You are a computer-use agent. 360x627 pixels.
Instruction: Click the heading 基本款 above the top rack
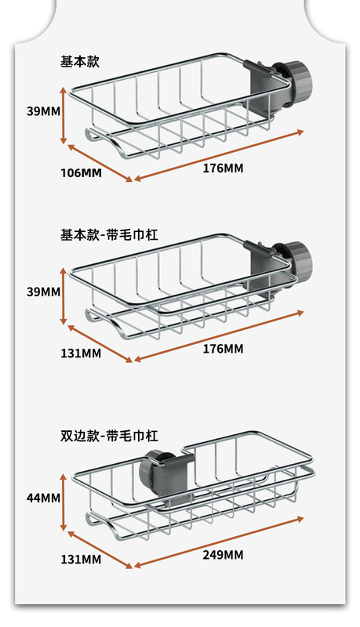point(79,62)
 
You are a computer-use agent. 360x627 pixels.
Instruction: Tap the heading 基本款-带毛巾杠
point(109,234)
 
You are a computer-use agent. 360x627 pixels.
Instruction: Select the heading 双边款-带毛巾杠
point(109,436)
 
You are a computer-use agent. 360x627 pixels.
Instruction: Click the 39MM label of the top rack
point(44,111)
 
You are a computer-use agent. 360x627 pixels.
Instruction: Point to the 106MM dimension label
point(81,172)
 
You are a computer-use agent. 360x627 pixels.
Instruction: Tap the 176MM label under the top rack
point(223,168)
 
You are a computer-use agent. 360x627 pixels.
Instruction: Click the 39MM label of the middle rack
point(44,292)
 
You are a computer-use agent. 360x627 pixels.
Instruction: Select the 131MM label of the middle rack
point(81,353)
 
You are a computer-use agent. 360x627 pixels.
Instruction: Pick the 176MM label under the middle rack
point(223,349)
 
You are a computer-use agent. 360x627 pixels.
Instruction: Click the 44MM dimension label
point(44,498)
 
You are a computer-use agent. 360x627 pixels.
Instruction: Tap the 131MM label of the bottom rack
point(81,560)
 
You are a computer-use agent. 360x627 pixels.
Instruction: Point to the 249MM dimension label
point(223,555)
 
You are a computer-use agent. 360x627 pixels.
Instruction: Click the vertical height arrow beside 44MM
point(64,502)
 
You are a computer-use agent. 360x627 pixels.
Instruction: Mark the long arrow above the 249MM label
point(219,542)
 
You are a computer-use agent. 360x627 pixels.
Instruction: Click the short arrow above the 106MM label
point(100,163)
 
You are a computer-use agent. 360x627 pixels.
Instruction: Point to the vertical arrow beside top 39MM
point(64,115)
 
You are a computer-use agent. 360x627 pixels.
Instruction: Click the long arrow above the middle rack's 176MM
point(219,336)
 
